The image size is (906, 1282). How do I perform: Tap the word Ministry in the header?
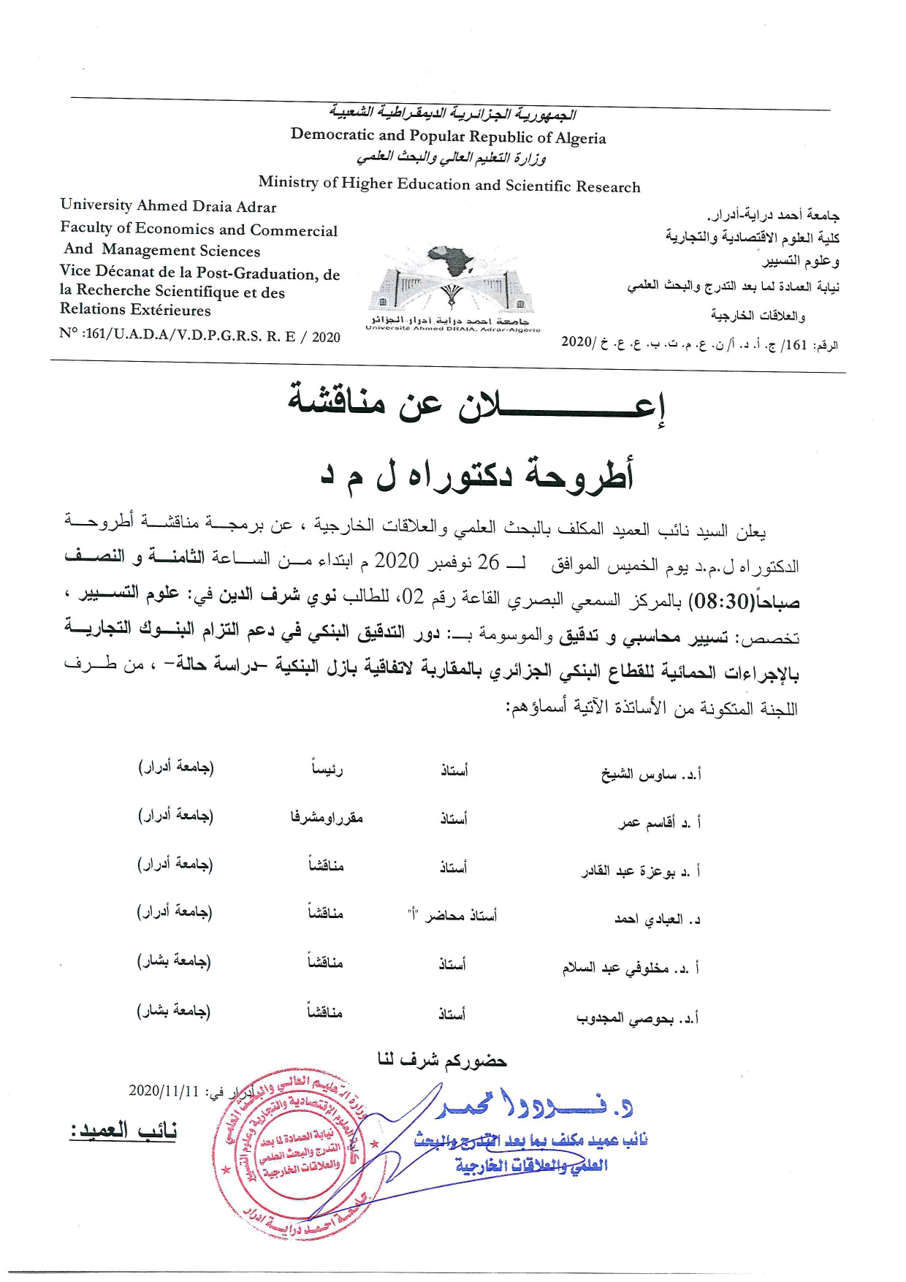click(x=288, y=182)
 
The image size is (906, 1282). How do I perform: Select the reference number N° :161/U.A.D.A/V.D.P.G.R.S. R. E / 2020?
click(x=199, y=335)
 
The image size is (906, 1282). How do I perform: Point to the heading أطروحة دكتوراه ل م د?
click(x=477, y=474)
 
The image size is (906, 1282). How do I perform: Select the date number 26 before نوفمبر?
click(x=488, y=562)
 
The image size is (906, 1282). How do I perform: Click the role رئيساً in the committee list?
click(x=327, y=769)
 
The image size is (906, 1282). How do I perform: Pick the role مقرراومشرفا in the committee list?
click(x=327, y=818)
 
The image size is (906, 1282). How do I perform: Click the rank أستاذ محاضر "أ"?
click(x=452, y=915)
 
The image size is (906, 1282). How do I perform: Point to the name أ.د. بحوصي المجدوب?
click(x=637, y=1018)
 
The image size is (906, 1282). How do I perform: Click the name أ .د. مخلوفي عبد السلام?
click(x=630, y=968)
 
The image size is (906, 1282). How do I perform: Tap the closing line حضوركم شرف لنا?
click(x=442, y=1060)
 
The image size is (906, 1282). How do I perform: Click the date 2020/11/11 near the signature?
click(x=164, y=1091)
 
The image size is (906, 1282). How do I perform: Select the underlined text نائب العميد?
click(x=123, y=1131)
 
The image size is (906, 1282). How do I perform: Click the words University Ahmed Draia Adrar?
click(x=169, y=206)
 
